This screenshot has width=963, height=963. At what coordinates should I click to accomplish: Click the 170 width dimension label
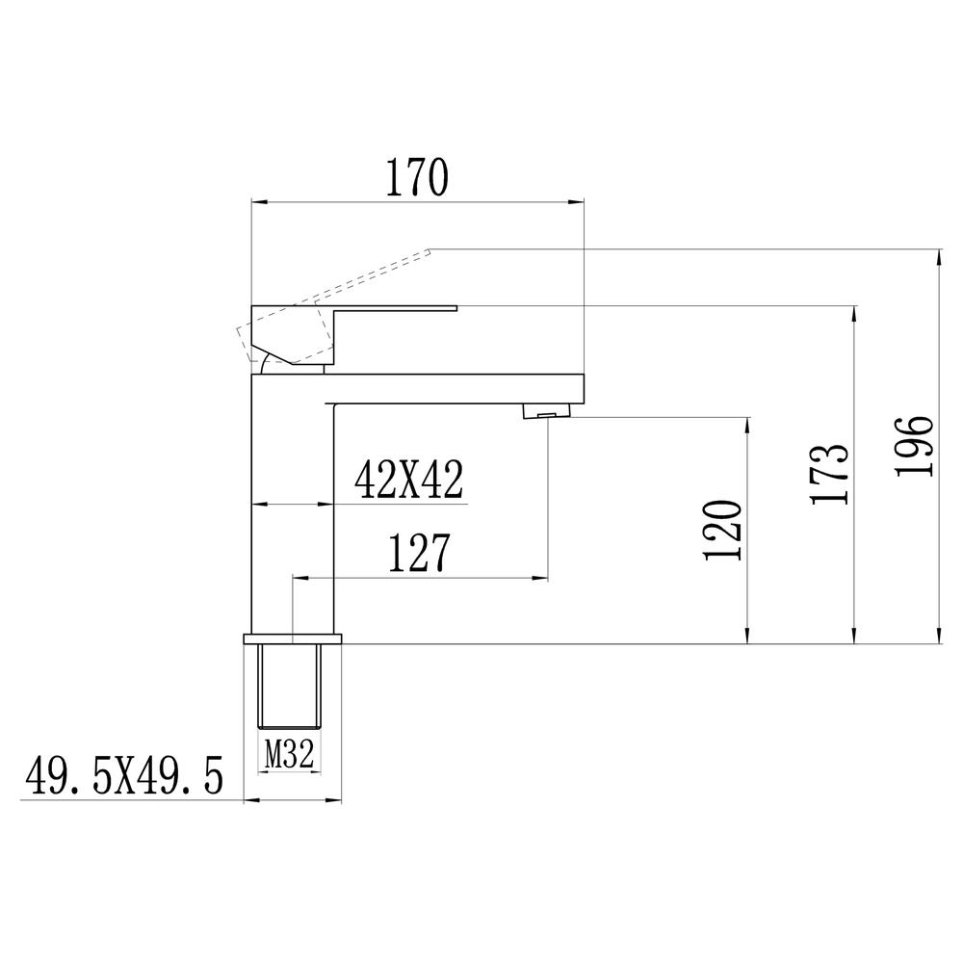[418, 177]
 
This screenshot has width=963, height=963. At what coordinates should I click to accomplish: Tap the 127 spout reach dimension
[420, 553]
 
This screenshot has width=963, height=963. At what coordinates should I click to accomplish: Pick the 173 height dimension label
[830, 474]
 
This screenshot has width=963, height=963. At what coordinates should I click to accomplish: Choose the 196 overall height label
[915, 446]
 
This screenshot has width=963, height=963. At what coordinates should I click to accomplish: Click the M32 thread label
[289, 754]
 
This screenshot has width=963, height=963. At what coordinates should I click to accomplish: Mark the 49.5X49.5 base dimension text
[124, 775]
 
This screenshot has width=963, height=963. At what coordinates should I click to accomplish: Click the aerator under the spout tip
[547, 411]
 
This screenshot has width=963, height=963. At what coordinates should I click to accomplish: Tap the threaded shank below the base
[289, 686]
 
